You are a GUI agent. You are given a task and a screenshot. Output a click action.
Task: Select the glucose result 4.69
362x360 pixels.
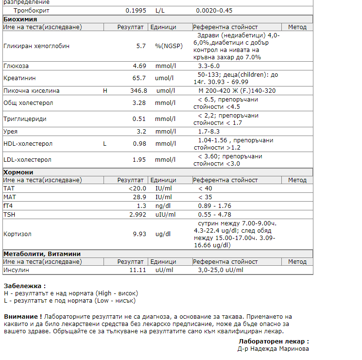139,66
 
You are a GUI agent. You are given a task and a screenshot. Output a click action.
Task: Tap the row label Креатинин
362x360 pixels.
19,78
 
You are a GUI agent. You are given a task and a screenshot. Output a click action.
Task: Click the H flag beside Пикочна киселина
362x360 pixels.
105,91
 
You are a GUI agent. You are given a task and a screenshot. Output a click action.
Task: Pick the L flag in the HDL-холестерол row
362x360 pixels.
104,144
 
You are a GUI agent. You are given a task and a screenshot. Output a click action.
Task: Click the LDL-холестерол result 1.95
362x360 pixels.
139,160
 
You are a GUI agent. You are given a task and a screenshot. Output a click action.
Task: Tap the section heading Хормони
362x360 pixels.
18,172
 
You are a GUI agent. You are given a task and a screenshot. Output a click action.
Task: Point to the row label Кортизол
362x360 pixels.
17,234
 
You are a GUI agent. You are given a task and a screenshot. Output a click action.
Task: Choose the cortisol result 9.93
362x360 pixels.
139,234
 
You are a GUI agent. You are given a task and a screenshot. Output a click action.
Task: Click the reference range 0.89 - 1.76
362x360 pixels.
214,206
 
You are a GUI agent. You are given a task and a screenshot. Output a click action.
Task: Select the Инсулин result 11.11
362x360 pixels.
138,270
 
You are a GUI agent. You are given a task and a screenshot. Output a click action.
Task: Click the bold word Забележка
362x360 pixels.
24,286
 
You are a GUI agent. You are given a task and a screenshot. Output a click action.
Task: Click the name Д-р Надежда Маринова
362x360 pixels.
273,348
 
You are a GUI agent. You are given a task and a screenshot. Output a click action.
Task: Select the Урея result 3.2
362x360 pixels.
141,131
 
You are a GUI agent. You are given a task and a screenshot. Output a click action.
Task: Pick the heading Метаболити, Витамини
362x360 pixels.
42,254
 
